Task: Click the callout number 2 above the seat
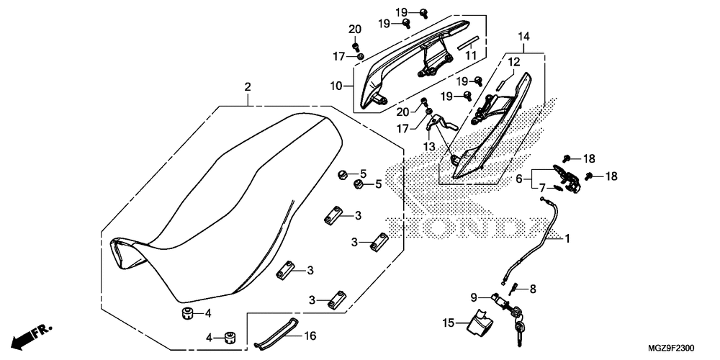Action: click(248, 87)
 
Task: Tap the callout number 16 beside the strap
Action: click(310, 336)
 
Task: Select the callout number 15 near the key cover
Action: click(449, 324)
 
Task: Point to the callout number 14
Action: click(523, 36)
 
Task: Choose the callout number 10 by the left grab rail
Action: click(336, 86)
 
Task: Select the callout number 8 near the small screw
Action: click(533, 289)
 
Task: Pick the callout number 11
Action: click(471, 55)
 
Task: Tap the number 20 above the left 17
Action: click(354, 29)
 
